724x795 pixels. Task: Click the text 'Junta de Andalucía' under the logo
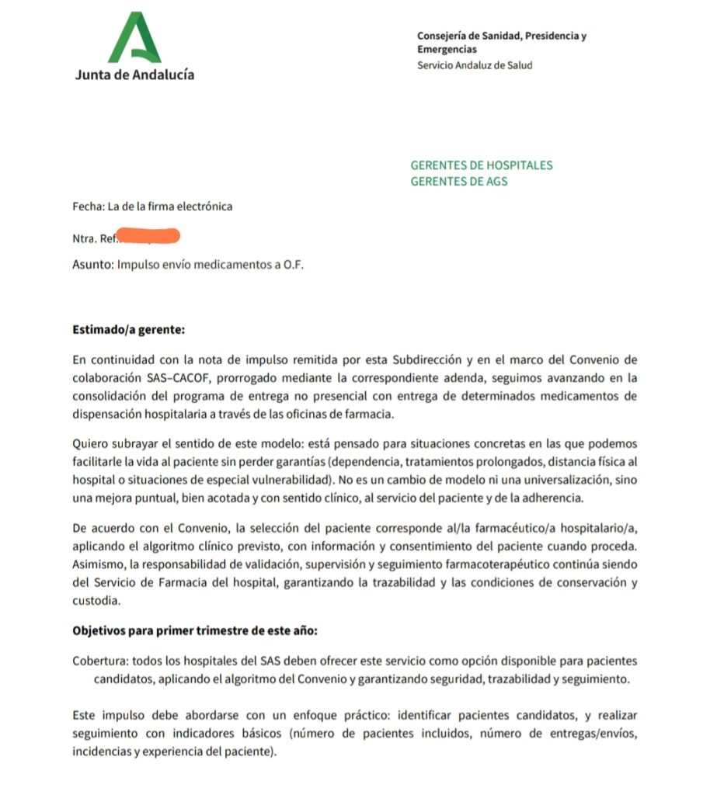click(134, 75)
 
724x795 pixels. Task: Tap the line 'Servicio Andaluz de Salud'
click(475, 65)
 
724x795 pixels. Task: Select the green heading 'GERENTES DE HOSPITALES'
click(481, 165)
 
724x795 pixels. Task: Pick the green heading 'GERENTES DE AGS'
click(458, 182)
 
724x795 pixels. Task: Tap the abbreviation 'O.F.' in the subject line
click(294, 265)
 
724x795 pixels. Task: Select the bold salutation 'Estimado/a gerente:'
click(128, 329)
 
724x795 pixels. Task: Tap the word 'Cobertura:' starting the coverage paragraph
click(99, 661)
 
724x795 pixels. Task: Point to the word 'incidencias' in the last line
click(101, 752)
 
